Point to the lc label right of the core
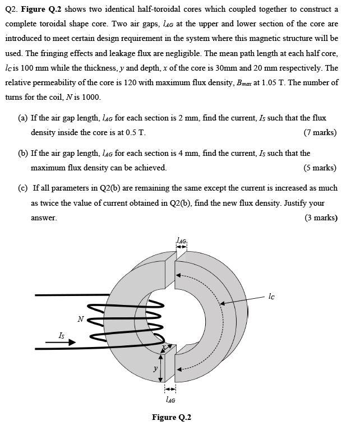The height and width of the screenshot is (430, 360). coord(272,295)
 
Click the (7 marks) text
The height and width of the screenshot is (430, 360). coord(320,133)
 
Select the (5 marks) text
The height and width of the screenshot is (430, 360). coord(320,168)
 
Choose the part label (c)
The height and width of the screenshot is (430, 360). coord(24,188)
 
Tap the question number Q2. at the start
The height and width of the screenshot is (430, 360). coord(11,10)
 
